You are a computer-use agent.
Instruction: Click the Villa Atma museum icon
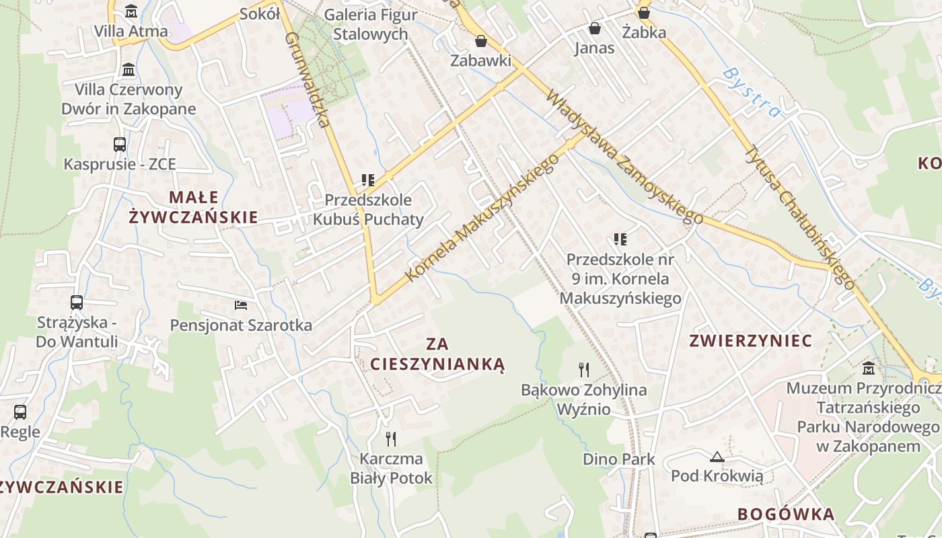(x=131, y=11)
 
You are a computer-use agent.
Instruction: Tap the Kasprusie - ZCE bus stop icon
(x=120, y=144)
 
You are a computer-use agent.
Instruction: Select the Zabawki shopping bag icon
(x=481, y=41)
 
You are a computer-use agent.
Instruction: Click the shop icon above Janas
(x=595, y=28)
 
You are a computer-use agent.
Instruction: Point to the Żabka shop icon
(x=644, y=12)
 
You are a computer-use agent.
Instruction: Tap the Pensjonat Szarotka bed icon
(x=241, y=305)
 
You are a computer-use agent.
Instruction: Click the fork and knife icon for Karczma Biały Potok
(x=391, y=439)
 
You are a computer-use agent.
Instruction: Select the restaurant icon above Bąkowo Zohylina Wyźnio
(x=584, y=369)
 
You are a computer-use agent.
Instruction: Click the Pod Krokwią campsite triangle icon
(x=717, y=457)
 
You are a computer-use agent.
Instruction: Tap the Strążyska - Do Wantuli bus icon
(x=77, y=303)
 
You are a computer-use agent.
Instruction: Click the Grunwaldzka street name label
(x=306, y=79)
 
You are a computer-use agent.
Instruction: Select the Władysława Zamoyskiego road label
(x=624, y=157)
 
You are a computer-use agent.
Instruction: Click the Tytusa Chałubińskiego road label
(x=800, y=217)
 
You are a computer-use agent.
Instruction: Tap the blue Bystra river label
(x=752, y=91)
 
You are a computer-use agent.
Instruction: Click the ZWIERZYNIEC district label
(x=750, y=341)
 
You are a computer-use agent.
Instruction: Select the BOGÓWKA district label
(x=786, y=514)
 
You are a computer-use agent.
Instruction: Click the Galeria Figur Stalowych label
(x=370, y=24)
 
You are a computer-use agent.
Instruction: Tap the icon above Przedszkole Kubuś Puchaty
(x=368, y=180)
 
